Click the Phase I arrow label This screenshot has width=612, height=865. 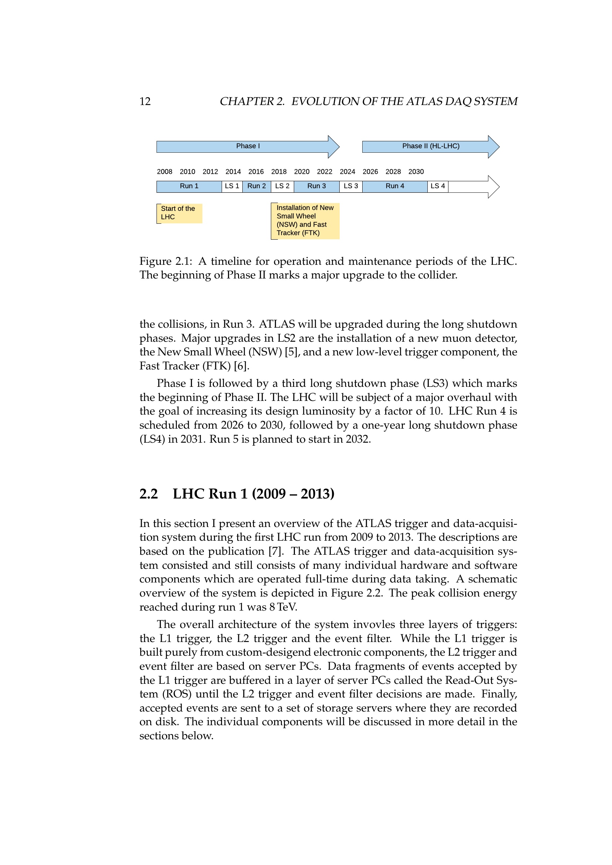point(248,146)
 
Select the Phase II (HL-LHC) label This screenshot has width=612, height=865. point(431,146)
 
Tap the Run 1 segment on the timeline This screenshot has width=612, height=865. point(189,186)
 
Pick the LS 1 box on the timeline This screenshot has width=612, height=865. point(232,186)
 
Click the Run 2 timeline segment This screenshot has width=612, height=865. point(257,186)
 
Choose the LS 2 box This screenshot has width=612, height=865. point(282,186)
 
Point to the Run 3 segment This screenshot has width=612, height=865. point(317,186)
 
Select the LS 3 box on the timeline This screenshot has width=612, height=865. point(351,186)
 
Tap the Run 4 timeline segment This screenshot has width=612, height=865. point(394,186)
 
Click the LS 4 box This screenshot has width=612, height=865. point(437,186)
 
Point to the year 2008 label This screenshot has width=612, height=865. point(165,172)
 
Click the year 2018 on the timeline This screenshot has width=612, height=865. point(279,172)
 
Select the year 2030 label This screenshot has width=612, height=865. point(416,172)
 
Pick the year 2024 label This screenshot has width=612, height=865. point(347,172)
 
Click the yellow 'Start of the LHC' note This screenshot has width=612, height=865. point(179,213)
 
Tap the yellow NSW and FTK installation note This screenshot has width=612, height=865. point(305,221)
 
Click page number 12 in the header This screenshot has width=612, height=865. point(145,101)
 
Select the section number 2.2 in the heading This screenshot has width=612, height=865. point(148,494)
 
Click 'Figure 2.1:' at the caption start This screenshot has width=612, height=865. point(165,261)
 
